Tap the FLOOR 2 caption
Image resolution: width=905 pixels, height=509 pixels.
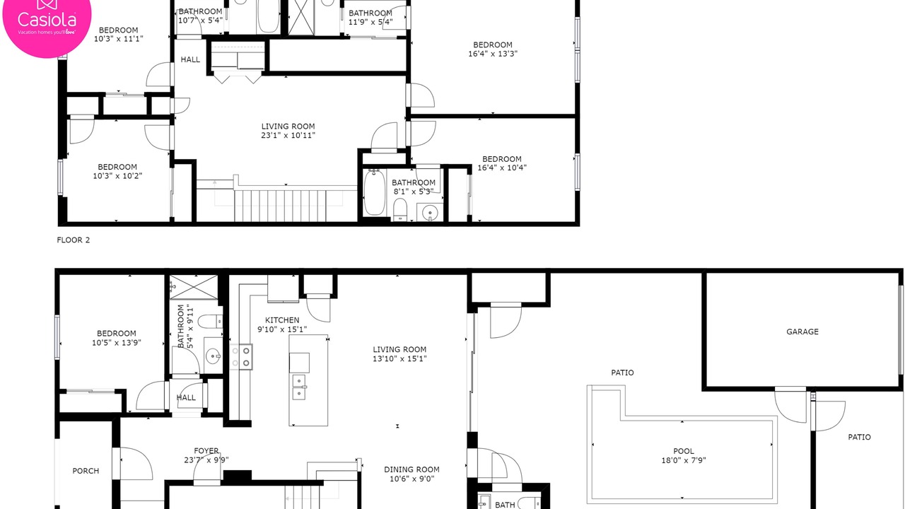click(73, 240)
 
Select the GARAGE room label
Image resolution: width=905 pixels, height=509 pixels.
click(802, 332)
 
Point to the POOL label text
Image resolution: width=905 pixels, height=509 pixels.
click(684, 451)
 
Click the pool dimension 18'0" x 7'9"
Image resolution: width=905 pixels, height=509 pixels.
click(684, 460)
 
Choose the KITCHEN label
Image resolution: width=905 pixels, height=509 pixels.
click(282, 320)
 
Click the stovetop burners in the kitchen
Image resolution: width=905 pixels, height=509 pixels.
click(241, 357)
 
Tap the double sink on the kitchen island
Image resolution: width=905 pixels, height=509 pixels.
click(299, 387)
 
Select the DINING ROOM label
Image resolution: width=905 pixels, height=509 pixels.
click(411, 469)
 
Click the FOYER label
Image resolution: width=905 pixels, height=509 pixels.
click(206, 450)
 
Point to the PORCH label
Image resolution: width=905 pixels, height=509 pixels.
click(86, 471)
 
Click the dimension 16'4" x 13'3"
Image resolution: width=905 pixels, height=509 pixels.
click(493, 54)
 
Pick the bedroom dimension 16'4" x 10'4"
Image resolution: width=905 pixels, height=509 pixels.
click(502, 168)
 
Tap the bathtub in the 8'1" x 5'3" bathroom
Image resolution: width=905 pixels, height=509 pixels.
click(375, 192)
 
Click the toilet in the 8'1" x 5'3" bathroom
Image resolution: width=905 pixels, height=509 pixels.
click(400, 209)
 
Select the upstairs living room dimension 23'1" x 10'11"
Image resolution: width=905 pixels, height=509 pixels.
click(288, 135)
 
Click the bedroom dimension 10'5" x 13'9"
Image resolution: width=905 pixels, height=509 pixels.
click(117, 343)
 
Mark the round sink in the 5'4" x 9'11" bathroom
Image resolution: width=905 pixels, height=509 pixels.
click(213, 356)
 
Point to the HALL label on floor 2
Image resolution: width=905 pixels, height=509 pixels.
click(190, 59)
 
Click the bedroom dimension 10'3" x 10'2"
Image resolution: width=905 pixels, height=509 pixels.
click(117, 176)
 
